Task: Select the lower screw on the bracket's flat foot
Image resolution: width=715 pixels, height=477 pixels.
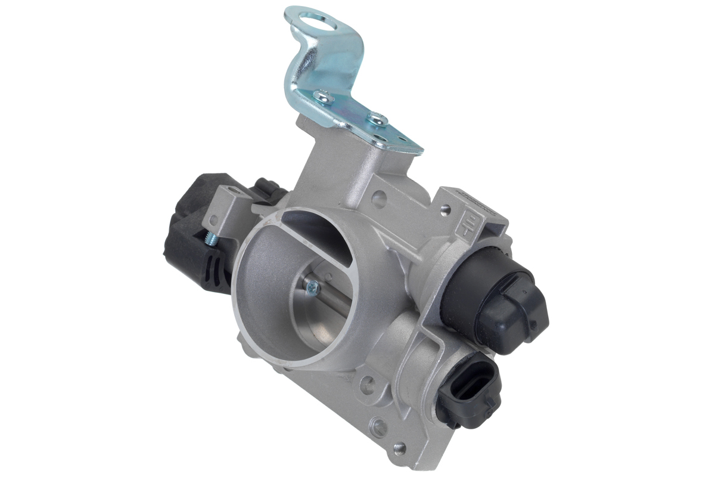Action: coord(377,119)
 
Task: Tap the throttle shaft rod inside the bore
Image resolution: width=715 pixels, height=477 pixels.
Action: coord(334,292)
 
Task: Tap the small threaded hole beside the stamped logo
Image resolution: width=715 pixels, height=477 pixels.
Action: coord(444,209)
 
